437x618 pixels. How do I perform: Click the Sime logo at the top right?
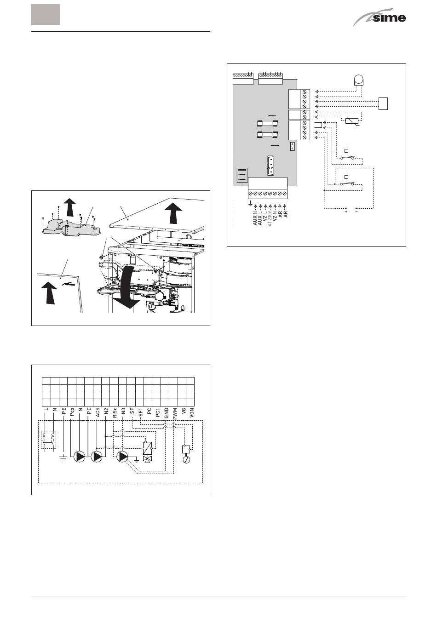point(379,18)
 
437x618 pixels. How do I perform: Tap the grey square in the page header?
point(46,14)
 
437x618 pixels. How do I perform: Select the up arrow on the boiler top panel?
point(172,212)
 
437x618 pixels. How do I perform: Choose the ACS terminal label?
point(98,412)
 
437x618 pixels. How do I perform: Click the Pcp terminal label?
point(72,412)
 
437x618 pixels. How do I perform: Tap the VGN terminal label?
point(192,412)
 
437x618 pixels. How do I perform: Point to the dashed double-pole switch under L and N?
point(48,439)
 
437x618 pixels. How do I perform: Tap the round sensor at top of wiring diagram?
point(357,79)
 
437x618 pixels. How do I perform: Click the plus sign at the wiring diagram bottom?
point(346,212)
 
